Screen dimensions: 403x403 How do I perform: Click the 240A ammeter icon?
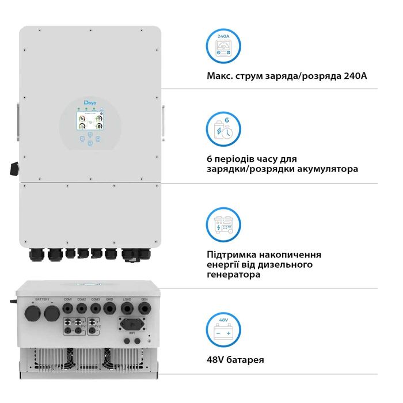pos(223,46)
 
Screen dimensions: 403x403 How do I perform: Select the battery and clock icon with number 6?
pos(223,131)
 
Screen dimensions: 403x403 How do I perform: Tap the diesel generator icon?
pos(223,225)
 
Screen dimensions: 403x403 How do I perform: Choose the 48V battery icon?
pos(223,330)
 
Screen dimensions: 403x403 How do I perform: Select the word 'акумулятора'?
pos(327,169)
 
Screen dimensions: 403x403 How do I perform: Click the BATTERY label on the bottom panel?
pos(43,299)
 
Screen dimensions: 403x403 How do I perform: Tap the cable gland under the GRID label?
pos(109,310)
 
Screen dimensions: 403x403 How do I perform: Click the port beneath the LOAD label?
pos(127,310)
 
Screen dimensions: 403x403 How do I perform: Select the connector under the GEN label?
pos(144,310)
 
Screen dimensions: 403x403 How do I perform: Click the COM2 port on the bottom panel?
pos(82,310)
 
